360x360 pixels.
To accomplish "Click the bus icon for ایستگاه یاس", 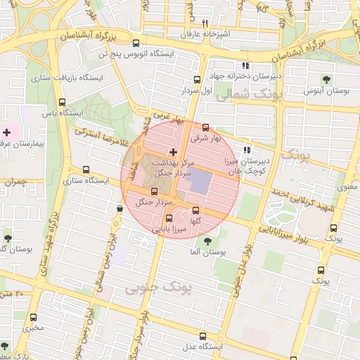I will (x=63, y=102).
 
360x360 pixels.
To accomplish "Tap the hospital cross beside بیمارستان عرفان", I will (x=7, y=132).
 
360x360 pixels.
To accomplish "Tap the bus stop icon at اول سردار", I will (x=196, y=79).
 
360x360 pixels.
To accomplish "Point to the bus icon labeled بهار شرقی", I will (x=205, y=128).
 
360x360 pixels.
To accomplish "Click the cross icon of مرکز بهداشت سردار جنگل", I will (x=173, y=152).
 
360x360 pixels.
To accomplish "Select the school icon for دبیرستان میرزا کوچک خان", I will (x=246, y=150).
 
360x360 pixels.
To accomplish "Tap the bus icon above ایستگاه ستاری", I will (x=86, y=169).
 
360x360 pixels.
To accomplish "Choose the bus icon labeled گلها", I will (x=195, y=210).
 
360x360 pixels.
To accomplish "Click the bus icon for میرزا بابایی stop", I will (x=168, y=218).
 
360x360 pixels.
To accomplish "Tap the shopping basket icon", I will (x=121, y=208).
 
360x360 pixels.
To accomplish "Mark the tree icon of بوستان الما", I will (x=207, y=241).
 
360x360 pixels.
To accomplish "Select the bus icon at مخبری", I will (x=34, y=318).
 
